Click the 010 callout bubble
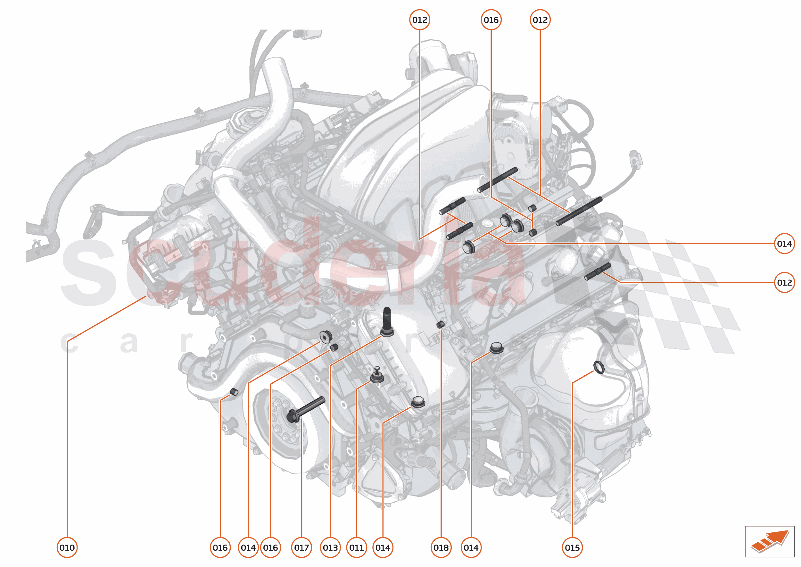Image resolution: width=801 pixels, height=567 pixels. pos(67,547)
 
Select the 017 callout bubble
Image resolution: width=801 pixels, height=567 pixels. pos(301,547)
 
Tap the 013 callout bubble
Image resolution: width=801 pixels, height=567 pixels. pos(330,547)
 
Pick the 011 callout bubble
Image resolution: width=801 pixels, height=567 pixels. pos(356,547)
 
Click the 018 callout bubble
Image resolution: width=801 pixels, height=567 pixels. pos(441,547)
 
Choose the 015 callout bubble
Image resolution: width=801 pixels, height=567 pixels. pos(572,547)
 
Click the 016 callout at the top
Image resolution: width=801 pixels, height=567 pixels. pos(491,20)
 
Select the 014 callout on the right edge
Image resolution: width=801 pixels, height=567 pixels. pos(784,244)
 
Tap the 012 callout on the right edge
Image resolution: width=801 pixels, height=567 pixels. pos(784,282)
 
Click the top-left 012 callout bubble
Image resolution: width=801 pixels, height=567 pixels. pos(419,20)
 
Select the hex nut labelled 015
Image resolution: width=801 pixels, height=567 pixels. pos(599,367)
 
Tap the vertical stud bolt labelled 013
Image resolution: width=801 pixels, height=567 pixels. pos(387,321)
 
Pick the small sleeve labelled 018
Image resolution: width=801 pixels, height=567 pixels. pos(441,324)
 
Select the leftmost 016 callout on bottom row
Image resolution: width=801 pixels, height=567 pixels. pos(220,547)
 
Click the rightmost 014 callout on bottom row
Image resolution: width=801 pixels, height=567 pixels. pos(471,547)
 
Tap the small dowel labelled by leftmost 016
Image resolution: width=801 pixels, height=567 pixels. pos(234,392)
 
